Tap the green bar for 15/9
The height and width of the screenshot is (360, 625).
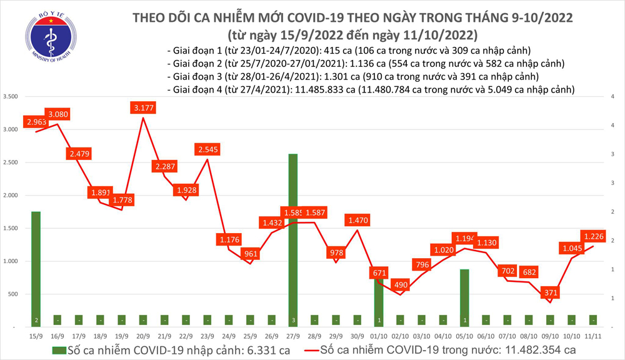(x=36, y=269)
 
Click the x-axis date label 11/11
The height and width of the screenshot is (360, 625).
(x=593, y=336)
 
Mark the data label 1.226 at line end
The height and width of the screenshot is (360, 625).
(x=594, y=236)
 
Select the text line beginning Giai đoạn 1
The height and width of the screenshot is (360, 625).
(x=349, y=51)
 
